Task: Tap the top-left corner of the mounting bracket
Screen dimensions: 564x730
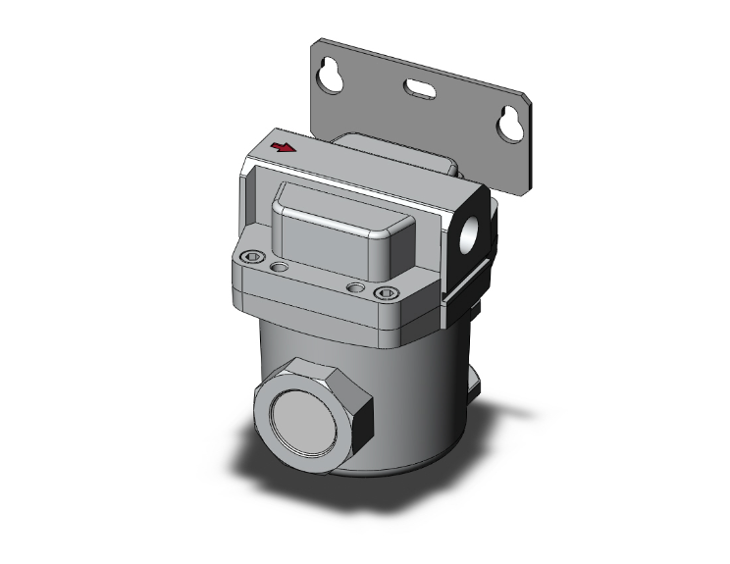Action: coord(317,44)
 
